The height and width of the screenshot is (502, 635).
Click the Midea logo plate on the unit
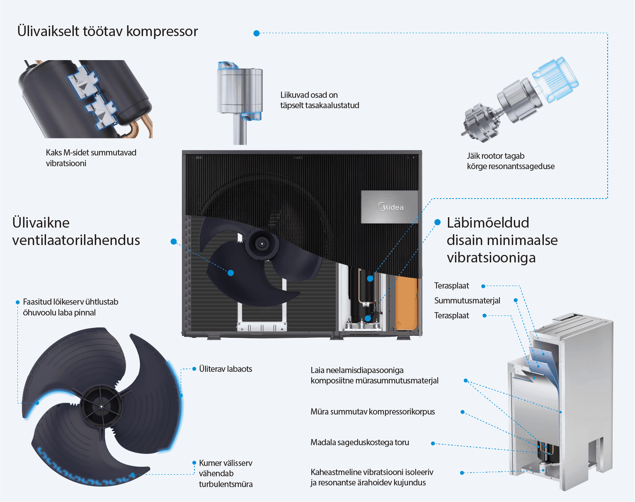point(390,207)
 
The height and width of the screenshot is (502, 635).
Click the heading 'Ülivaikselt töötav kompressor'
point(108,32)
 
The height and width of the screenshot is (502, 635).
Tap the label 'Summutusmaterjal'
point(467,301)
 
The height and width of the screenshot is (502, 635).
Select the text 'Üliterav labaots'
point(225,369)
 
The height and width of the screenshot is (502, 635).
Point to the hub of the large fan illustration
point(101,406)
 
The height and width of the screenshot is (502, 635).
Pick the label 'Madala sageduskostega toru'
point(360,442)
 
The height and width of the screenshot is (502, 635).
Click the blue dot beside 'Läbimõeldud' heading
point(437,223)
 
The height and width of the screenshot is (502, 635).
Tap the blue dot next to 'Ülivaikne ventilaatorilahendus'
point(174,241)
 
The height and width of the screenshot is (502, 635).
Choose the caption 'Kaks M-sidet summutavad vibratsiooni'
point(91,158)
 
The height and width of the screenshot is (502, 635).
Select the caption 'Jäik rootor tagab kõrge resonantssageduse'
point(510,161)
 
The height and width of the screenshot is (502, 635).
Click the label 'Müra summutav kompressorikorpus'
point(373,412)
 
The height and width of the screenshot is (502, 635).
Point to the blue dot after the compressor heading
point(257,33)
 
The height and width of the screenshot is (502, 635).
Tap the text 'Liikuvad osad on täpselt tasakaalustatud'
point(320,100)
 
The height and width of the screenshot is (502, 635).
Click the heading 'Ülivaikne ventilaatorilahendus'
point(76,231)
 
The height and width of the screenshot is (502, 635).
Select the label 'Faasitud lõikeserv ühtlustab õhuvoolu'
point(70,307)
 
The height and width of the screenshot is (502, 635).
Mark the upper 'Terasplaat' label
point(451,286)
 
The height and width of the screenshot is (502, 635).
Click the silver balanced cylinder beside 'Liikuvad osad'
point(240,91)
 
